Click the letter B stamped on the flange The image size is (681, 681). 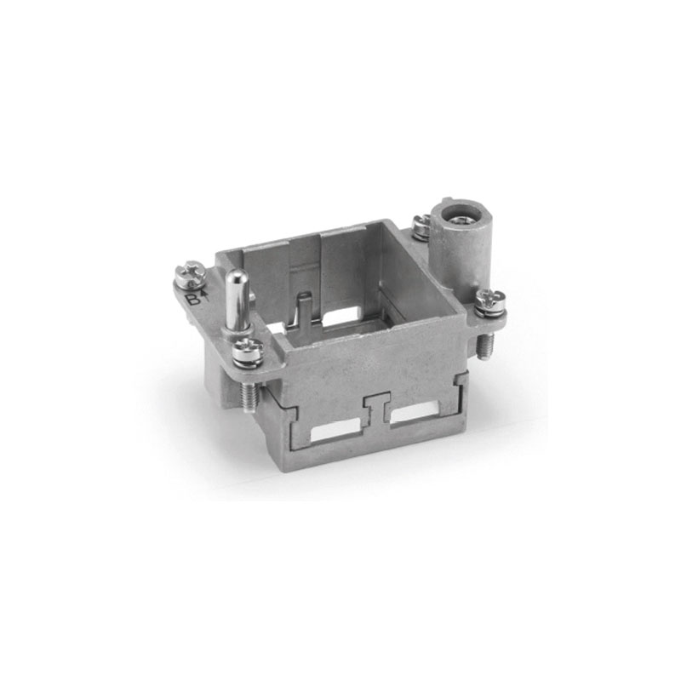(193, 300)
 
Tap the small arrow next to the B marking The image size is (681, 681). (204, 296)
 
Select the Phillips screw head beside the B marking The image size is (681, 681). (190, 272)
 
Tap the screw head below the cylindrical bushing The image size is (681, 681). (491, 300)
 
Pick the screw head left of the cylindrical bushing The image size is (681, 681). (421, 226)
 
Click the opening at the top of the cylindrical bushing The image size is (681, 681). (455, 215)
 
